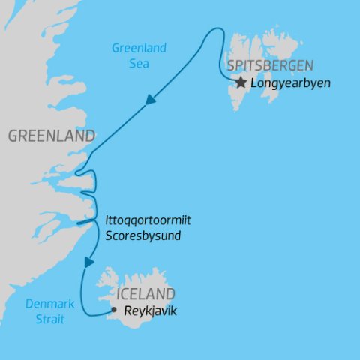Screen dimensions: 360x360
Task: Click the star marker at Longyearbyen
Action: (x=241, y=82)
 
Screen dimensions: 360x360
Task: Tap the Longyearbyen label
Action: (x=292, y=82)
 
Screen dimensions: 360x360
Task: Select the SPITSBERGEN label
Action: (x=271, y=64)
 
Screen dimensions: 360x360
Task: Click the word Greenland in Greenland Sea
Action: (x=139, y=49)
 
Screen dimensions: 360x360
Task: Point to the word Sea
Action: (x=139, y=64)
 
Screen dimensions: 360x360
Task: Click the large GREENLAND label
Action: (x=51, y=136)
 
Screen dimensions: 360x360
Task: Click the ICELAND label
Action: (x=145, y=293)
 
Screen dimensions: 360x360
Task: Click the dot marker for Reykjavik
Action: (x=113, y=309)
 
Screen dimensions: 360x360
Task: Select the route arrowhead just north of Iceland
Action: (x=90, y=262)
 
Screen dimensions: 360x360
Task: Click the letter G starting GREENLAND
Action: (x=13, y=136)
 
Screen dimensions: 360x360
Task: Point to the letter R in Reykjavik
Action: (x=126, y=309)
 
